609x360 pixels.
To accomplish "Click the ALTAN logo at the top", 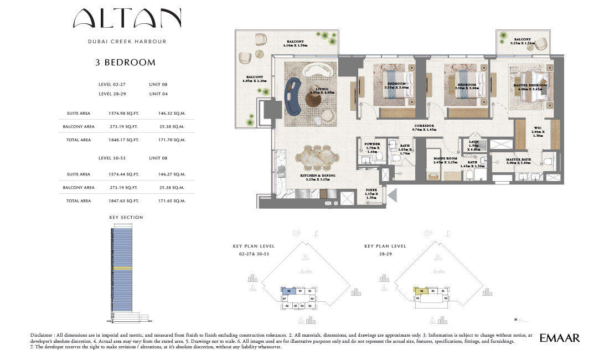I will coord(127,19).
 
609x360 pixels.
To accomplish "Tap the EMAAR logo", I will coord(559,337).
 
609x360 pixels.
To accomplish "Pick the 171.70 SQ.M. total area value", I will coord(171,140).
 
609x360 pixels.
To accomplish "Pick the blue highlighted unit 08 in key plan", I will coord(289,291).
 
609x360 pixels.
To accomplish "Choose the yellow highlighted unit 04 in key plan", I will coord(422,291).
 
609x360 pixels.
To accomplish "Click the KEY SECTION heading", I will coord(126,217).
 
